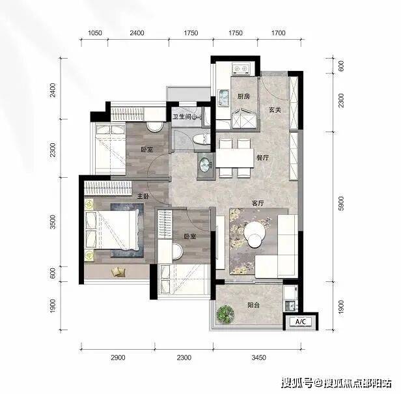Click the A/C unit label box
tap(301, 321)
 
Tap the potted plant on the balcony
tap(225, 313)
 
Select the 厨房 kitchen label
tap(243, 96)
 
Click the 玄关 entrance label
tap(275, 110)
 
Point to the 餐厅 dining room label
tap(262, 158)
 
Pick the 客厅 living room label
tap(258, 203)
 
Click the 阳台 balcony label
tap(254, 305)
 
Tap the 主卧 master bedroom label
tap(143, 196)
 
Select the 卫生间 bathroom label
tap(182, 117)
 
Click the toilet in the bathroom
tap(201, 139)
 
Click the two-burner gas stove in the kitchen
tap(242, 68)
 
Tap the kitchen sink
tap(224, 97)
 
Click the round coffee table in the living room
tap(254, 234)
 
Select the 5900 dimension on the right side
tap(340, 204)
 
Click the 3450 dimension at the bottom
tap(259, 357)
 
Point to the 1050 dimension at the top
tap(95, 33)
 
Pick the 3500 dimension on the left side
tap(53, 222)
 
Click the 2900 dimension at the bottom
tap(118, 357)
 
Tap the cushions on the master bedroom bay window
tap(118, 272)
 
